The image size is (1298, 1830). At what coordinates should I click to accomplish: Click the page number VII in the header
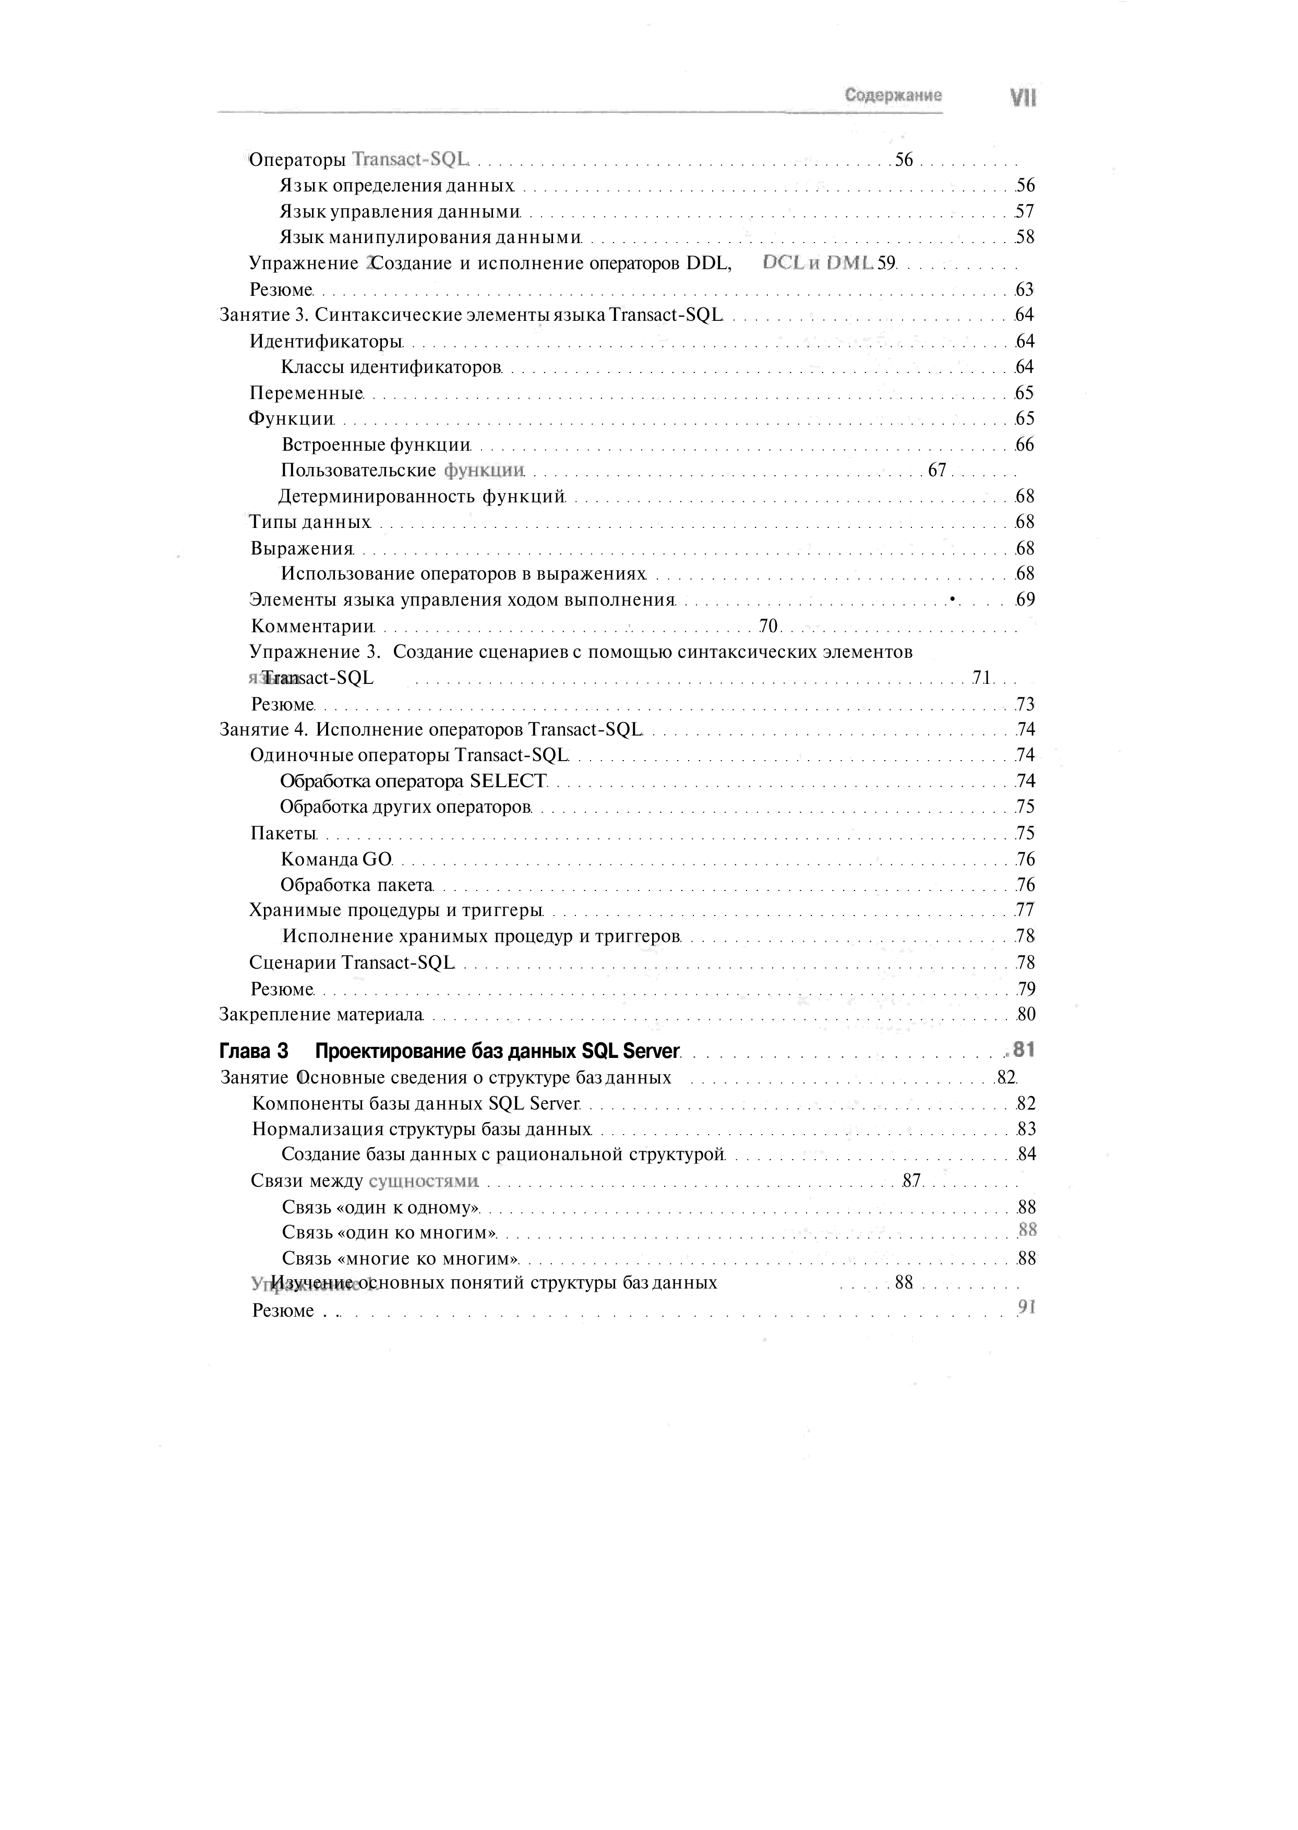pos(1023,98)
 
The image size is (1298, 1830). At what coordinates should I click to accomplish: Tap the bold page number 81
pos(1024,1049)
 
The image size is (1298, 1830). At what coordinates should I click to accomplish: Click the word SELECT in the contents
pos(508,781)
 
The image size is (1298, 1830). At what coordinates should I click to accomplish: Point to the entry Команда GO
pos(336,859)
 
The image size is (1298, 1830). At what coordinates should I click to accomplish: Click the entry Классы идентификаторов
pos(391,367)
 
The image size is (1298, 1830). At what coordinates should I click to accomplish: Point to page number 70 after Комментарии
pos(768,625)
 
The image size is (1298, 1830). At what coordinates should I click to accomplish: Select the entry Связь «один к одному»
pos(380,1207)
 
